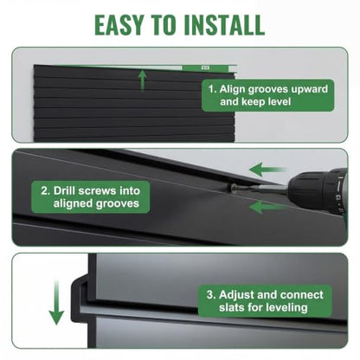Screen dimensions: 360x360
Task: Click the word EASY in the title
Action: [119, 25]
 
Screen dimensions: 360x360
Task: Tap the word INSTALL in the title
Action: [223, 25]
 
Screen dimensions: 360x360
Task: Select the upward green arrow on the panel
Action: [142, 80]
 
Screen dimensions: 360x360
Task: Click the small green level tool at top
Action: [206, 68]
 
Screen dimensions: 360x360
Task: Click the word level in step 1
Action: [278, 101]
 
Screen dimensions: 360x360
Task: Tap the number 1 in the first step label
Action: [212, 89]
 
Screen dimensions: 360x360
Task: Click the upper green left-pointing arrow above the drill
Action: [267, 170]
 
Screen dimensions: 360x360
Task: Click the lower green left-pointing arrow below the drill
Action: [267, 207]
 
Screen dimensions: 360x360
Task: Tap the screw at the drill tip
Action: [235, 189]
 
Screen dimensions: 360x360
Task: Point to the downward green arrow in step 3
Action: [56, 302]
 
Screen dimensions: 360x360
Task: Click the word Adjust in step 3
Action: [236, 295]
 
